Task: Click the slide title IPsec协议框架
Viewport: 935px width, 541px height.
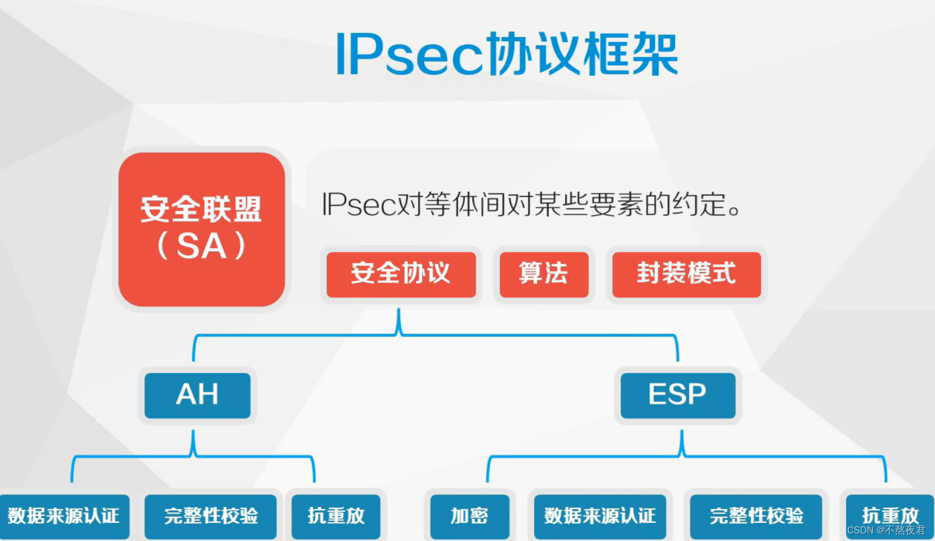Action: [x=506, y=54]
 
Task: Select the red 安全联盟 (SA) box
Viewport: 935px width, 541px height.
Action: [x=202, y=229]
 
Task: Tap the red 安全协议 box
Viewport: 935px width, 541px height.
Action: [x=401, y=274]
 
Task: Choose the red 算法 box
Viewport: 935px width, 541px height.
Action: [x=544, y=274]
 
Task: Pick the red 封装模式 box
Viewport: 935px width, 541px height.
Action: [x=687, y=274]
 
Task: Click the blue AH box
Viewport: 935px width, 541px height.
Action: [x=198, y=396]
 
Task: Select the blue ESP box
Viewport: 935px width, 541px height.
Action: [x=678, y=396]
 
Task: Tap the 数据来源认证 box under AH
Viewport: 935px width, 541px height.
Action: [x=64, y=516]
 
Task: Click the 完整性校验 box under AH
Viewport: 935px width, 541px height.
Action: [x=211, y=516]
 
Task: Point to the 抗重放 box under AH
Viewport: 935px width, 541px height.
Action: [x=336, y=516]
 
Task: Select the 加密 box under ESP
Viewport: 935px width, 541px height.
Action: [x=470, y=516]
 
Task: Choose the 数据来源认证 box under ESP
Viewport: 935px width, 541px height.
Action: [x=600, y=516]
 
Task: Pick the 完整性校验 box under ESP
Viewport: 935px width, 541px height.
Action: [x=756, y=516]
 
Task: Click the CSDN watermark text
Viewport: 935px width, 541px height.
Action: [x=886, y=531]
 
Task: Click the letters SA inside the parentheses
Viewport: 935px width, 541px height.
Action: [x=202, y=247]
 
